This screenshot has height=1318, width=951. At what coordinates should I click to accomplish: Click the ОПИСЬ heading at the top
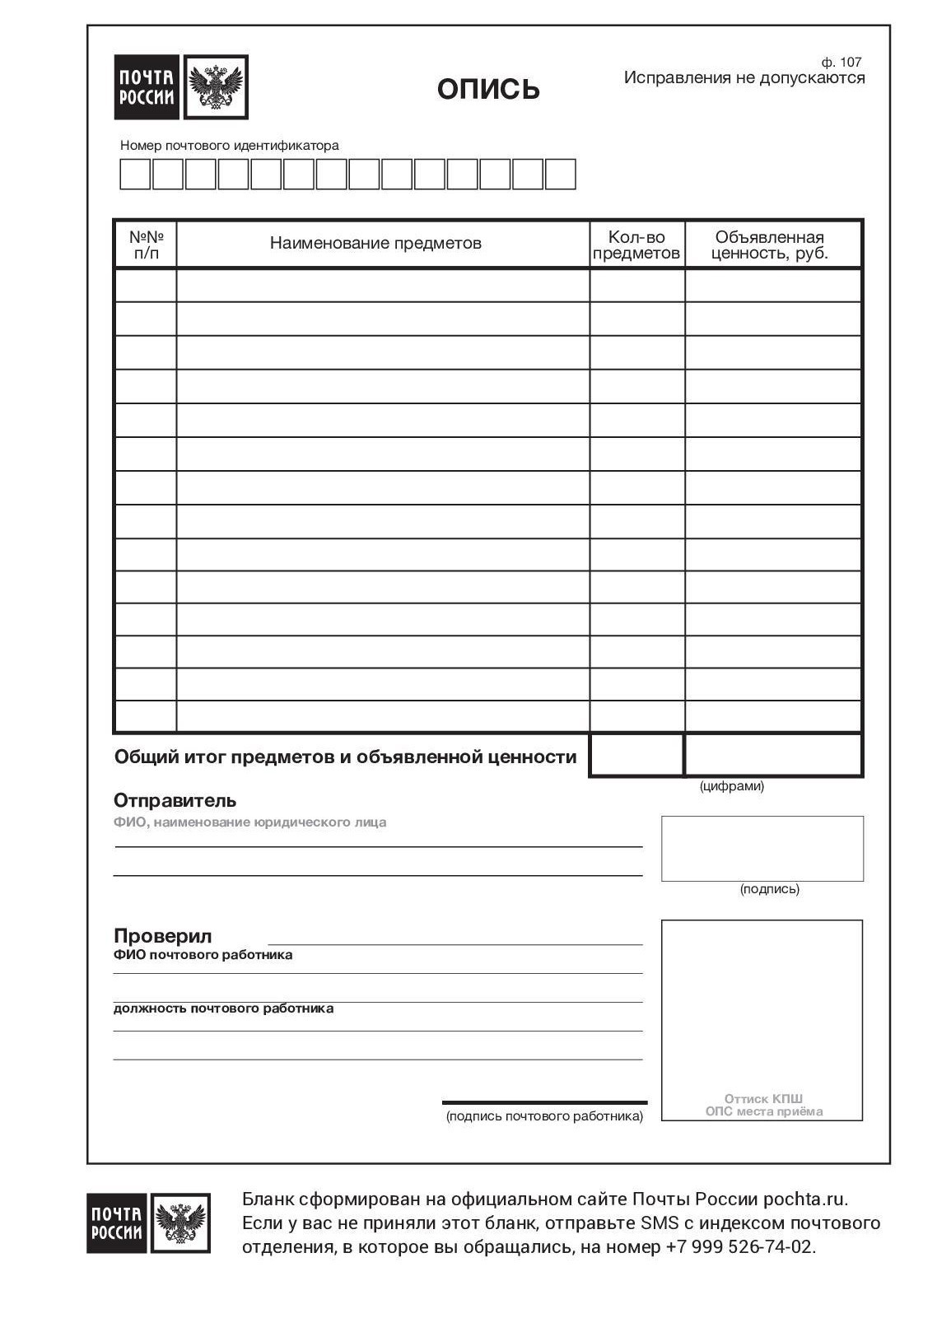[x=488, y=89]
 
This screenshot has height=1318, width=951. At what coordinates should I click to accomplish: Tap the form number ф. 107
[x=841, y=62]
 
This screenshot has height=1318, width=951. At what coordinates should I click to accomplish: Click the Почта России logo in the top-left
[x=180, y=87]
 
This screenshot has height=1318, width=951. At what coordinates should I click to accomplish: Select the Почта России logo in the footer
[x=148, y=1223]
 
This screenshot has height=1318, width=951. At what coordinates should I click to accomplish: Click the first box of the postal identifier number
[x=135, y=175]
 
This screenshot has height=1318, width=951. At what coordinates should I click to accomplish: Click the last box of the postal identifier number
[x=560, y=175]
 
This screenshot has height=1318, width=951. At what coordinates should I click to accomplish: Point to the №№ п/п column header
[x=146, y=245]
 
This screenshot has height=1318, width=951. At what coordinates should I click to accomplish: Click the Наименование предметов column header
[x=375, y=243]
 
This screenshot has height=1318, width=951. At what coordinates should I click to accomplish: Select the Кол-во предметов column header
[x=636, y=245]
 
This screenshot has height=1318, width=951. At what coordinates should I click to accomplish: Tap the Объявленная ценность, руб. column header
[x=770, y=245]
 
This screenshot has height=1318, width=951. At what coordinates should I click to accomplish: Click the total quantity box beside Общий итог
[x=636, y=755]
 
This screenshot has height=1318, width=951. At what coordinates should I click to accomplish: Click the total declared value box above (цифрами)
[x=772, y=755]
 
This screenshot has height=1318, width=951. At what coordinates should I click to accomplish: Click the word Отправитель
[x=175, y=800]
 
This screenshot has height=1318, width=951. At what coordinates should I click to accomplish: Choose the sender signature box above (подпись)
[x=762, y=848]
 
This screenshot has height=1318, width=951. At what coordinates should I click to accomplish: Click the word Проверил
[x=162, y=936]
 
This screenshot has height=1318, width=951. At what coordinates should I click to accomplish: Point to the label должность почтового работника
[x=223, y=1008]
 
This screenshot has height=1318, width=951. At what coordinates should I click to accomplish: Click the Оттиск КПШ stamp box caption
[x=763, y=1105]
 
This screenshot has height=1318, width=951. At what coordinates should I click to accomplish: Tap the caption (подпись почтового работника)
[x=544, y=1116]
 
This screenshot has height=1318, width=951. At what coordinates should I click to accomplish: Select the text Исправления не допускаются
[x=744, y=78]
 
